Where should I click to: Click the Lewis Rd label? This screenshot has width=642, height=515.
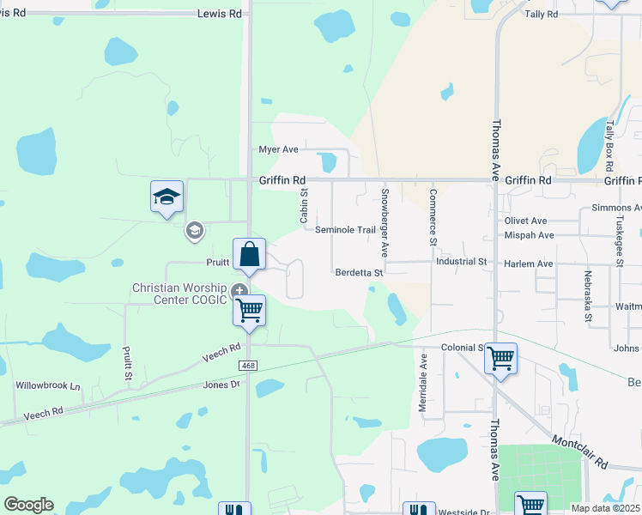(220, 14)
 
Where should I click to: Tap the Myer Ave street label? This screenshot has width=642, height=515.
(279, 149)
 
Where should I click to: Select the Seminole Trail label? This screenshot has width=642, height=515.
(346, 230)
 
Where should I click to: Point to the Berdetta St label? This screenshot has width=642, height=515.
(359, 272)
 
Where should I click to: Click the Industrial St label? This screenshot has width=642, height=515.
(461, 261)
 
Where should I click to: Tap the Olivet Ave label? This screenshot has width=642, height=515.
(525, 221)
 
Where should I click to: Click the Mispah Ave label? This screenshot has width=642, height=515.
(529, 234)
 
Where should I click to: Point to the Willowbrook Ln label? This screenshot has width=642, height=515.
(47, 385)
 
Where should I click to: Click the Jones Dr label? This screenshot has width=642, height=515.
(222, 385)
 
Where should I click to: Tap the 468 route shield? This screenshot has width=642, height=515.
(248, 366)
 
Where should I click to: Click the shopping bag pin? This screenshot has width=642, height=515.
(249, 255)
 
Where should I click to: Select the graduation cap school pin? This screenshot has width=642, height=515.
(167, 197)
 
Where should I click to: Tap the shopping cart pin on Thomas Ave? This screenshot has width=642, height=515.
(500, 358)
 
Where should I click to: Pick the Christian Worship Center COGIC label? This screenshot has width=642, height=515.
(179, 294)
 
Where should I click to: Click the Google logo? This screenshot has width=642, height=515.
(28, 505)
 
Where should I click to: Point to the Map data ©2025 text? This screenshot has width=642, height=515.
(605, 508)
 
